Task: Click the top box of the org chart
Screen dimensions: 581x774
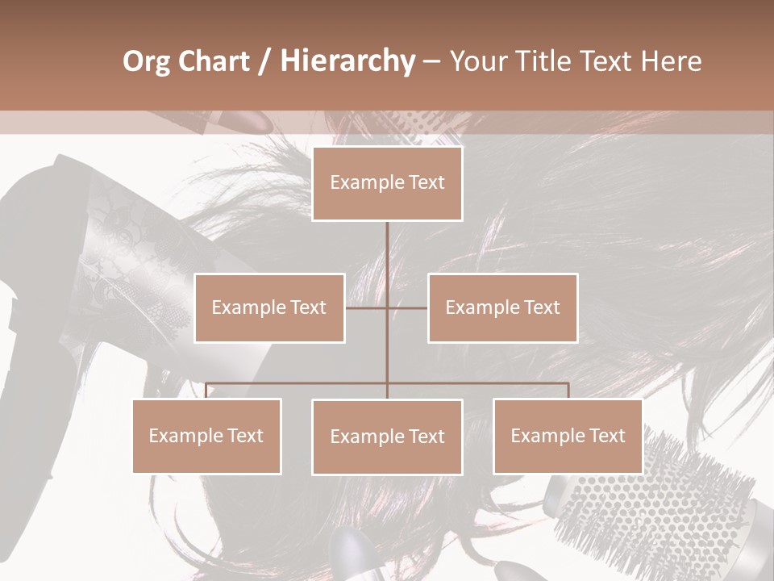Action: tap(387, 183)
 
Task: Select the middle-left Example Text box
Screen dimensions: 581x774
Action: tap(269, 307)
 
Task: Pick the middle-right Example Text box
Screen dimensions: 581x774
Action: tap(502, 307)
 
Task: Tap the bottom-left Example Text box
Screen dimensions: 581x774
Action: tap(206, 436)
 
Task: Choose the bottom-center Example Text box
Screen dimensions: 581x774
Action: tap(387, 437)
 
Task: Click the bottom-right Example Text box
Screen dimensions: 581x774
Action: tap(568, 436)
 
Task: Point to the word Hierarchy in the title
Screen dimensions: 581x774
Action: tap(347, 61)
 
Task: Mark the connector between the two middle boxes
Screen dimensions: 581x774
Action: tap(386, 307)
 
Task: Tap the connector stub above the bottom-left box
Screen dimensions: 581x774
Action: tap(206, 391)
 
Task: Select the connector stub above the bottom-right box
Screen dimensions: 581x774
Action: tap(568, 391)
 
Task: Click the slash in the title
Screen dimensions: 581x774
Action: tap(264, 61)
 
